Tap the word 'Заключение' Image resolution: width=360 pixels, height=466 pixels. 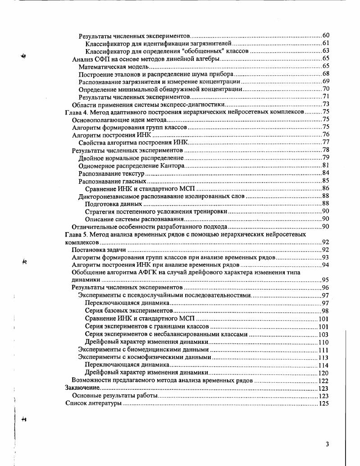click(x=82, y=388)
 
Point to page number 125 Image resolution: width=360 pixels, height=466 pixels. click(x=324, y=403)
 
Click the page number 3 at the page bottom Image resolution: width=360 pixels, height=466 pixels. click(x=327, y=444)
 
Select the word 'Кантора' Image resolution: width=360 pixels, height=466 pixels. click(x=170, y=166)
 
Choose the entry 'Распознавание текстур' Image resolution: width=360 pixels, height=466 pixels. click(x=111, y=174)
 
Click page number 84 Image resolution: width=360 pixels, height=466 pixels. click(x=326, y=174)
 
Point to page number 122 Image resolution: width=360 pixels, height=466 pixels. click(x=324, y=380)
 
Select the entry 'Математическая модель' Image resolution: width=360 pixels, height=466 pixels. click(x=110, y=66)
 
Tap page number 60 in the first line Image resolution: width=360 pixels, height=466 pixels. click(x=326, y=36)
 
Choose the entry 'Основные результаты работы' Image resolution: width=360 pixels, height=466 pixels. click(x=115, y=396)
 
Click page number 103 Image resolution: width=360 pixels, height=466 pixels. click(x=324, y=334)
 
